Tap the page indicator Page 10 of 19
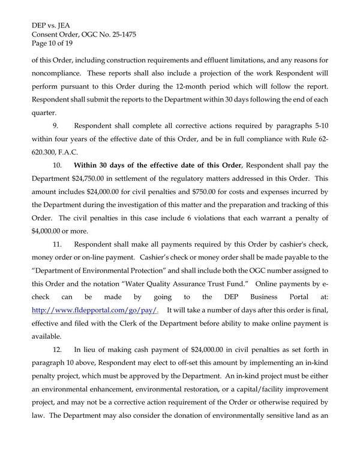tap(53, 44)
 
